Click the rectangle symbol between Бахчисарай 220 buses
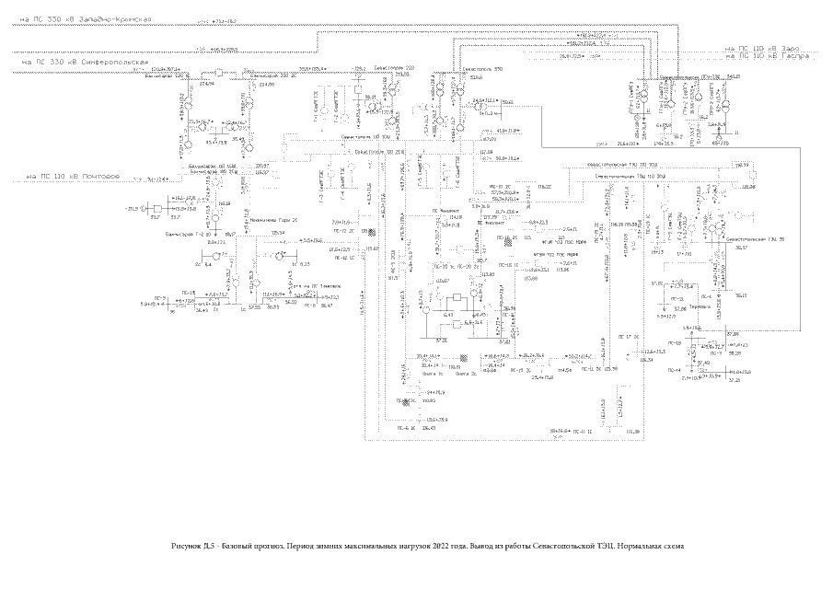(220, 71)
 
